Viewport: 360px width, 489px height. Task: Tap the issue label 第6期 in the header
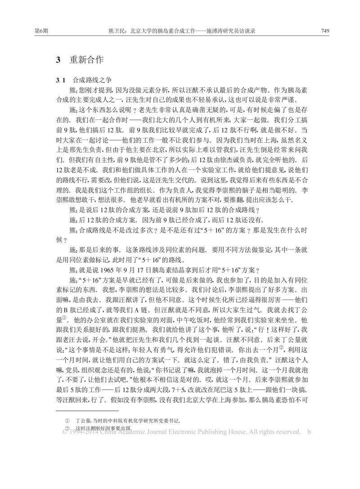(x=35, y=31)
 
